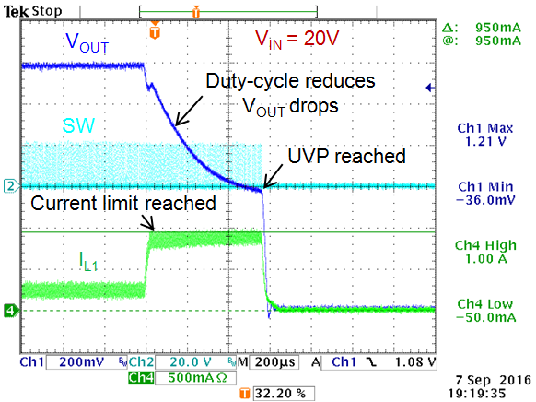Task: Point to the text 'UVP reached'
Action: point(345,157)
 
